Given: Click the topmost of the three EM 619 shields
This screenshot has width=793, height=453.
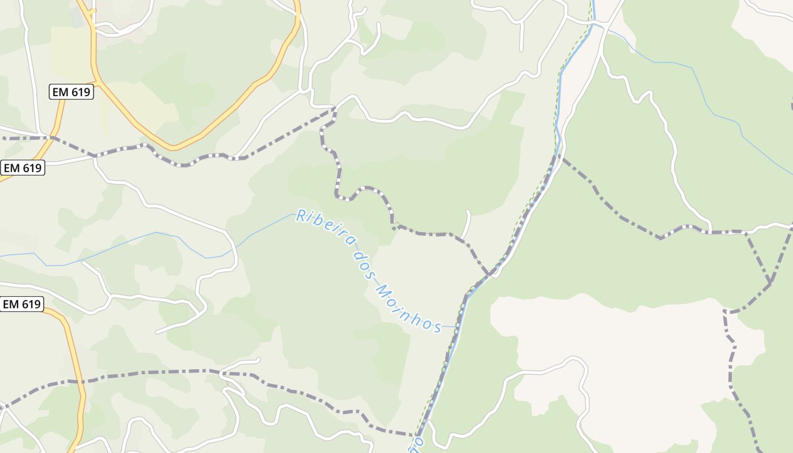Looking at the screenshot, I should pyautogui.click(x=71, y=92).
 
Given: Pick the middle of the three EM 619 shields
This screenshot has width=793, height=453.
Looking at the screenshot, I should pyautogui.click(x=23, y=168).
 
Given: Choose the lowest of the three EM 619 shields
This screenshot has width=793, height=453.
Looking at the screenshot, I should pyautogui.click(x=22, y=304).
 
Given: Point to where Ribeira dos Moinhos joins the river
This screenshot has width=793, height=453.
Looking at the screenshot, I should pyautogui.click(x=457, y=327).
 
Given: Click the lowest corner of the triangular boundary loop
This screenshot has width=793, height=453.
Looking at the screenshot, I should pyautogui.click(x=770, y=281).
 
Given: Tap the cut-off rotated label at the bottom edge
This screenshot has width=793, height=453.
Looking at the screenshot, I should pyautogui.click(x=419, y=442).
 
